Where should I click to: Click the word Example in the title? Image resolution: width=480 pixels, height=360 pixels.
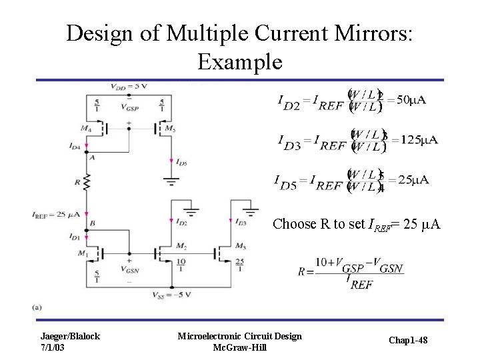pos(240,62)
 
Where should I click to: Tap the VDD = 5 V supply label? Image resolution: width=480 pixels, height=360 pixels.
pos(129,87)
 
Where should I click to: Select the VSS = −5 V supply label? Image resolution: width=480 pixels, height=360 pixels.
pos(171,295)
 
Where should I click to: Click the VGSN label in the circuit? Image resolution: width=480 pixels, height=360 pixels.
pos(129,270)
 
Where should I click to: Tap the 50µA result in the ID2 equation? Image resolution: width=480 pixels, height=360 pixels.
pos(411,100)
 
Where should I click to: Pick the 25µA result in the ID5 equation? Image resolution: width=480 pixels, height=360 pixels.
pos(413,180)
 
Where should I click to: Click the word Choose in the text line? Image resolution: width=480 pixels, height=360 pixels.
pos(293,224)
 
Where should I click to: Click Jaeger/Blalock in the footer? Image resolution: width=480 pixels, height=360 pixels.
pos(70,336)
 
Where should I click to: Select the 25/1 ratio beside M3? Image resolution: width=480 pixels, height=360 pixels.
pos(238,265)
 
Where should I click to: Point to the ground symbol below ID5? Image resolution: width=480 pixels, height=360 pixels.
pos(171,181)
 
